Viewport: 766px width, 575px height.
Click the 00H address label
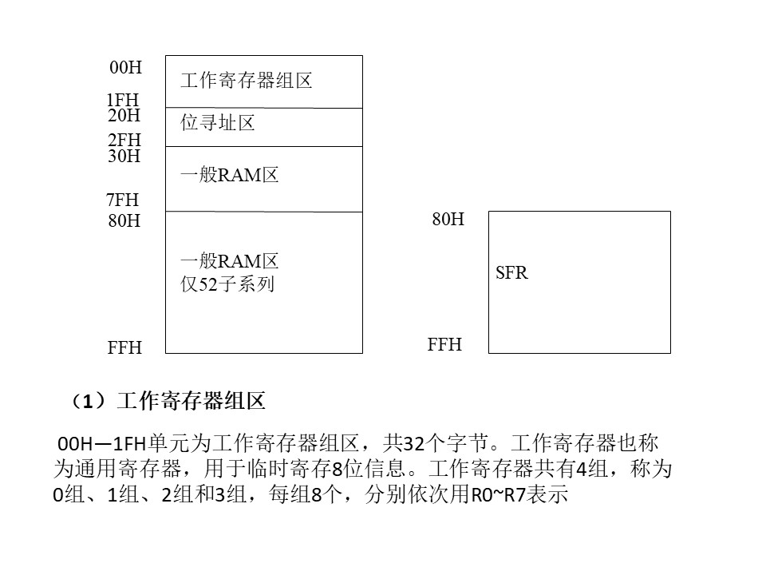tap(125, 67)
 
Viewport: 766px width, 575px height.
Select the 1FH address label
tap(123, 100)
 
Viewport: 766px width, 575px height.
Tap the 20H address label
tap(124, 115)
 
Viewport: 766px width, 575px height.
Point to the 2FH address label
tap(124, 140)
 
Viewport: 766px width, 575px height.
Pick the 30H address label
tap(124, 156)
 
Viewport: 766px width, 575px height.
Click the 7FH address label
tap(123, 200)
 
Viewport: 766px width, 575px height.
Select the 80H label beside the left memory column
tap(124, 220)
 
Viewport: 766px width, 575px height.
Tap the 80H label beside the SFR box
tap(448, 219)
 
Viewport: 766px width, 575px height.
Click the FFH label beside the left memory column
tap(124, 347)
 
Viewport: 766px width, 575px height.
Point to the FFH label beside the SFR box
tap(444, 344)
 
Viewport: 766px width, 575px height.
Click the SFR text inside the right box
tap(511, 272)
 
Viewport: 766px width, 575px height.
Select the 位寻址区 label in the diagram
tap(218, 122)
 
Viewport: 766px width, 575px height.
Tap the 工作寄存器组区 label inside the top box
tap(247, 80)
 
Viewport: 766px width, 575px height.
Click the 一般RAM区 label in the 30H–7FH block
tap(230, 175)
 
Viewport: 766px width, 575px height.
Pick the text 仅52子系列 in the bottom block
tap(227, 284)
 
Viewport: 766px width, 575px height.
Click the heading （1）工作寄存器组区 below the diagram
tap(167, 402)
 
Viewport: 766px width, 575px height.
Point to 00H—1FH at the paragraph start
tap(102, 443)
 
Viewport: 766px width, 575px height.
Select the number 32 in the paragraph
tap(414, 443)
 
